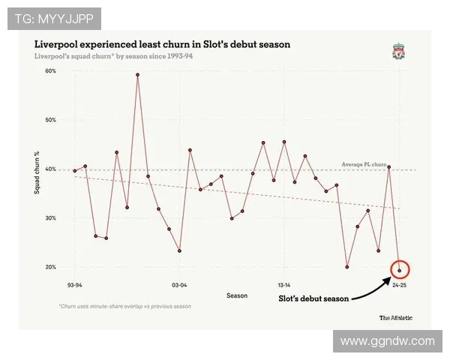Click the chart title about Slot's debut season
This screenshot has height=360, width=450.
tap(162, 44)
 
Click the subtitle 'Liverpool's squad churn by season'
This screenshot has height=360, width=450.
tap(109, 56)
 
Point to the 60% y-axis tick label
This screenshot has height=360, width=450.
tap(51, 71)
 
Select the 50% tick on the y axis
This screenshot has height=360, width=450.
tap(51, 120)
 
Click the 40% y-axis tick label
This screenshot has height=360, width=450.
tap(51, 169)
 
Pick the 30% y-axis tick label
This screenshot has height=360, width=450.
tap(51, 218)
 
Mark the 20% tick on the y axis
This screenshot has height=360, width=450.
tap(51, 267)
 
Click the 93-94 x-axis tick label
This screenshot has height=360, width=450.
tap(74, 286)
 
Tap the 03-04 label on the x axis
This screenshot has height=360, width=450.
tap(179, 286)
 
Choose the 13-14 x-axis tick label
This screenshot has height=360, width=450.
tap(284, 286)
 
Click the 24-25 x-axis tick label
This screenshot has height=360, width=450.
tap(399, 286)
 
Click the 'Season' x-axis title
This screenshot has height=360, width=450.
tap(237, 295)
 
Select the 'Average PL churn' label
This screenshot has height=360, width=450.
tap(364, 164)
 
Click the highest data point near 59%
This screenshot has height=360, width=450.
tap(137, 75)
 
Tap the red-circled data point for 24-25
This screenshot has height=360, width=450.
tap(399, 271)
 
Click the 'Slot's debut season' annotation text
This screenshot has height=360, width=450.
tap(313, 299)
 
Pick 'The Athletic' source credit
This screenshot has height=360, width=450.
tap(395, 317)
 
